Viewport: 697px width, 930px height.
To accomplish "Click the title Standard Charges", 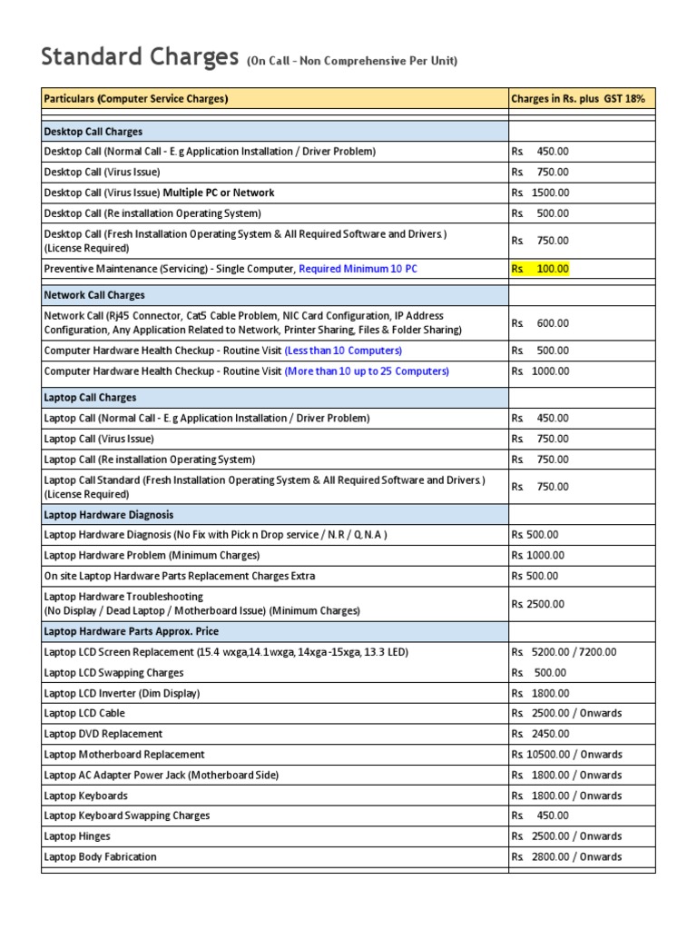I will tap(141, 57).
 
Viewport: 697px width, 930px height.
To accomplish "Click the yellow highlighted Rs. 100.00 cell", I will tap(540, 269).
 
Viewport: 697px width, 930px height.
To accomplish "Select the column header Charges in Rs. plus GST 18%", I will tap(578, 98).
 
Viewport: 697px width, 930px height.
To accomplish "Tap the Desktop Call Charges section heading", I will tap(93, 132).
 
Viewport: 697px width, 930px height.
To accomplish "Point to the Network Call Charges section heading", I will tap(94, 295).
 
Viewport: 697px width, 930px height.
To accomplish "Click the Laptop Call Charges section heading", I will tap(91, 398).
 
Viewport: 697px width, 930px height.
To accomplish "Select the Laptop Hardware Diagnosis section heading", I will tap(108, 514).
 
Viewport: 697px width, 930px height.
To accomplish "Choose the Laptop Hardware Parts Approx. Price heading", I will tap(132, 631).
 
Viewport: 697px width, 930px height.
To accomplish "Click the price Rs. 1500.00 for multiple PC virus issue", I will tap(540, 193).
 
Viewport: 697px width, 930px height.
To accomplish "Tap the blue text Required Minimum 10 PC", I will tap(358, 269).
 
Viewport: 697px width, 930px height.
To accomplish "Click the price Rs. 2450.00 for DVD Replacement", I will tap(540, 734).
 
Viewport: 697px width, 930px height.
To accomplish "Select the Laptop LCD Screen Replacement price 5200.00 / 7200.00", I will tap(564, 652).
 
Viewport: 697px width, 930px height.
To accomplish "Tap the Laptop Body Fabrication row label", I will tap(100, 856).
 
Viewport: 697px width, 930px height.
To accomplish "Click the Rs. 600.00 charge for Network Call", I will tap(540, 322).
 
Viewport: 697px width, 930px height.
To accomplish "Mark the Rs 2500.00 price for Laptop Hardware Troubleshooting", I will tap(537, 604).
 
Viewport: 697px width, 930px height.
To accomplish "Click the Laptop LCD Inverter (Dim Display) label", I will tap(122, 693).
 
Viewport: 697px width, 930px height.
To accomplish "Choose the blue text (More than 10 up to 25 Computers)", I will tap(367, 371).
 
